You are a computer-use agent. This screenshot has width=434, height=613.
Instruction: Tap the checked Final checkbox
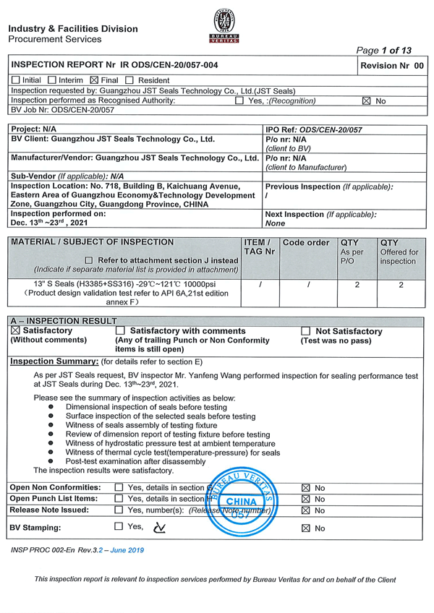point(94,80)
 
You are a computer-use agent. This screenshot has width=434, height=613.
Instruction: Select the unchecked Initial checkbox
point(15,80)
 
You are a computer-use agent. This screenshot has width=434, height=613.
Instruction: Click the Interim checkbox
point(52,80)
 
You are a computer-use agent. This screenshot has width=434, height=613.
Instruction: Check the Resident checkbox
point(129,80)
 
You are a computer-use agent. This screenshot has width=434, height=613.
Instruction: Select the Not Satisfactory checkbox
point(305,331)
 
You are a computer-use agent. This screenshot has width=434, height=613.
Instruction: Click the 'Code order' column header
point(306,243)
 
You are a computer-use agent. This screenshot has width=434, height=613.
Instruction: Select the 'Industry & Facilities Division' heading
point(73,29)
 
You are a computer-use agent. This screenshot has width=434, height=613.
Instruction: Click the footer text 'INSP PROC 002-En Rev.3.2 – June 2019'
point(78,550)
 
